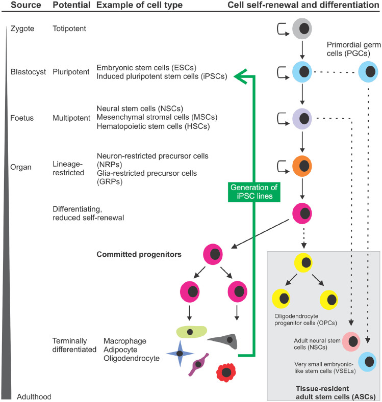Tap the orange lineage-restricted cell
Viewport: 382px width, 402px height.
(x=302, y=165)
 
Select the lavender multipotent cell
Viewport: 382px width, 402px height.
(x=302, y=119)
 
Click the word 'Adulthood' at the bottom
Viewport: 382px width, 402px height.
(x=34, y=396)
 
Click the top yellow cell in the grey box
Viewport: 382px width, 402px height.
(x=302, y=263)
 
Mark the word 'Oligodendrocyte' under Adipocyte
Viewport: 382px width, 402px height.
(x=132, y=358)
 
